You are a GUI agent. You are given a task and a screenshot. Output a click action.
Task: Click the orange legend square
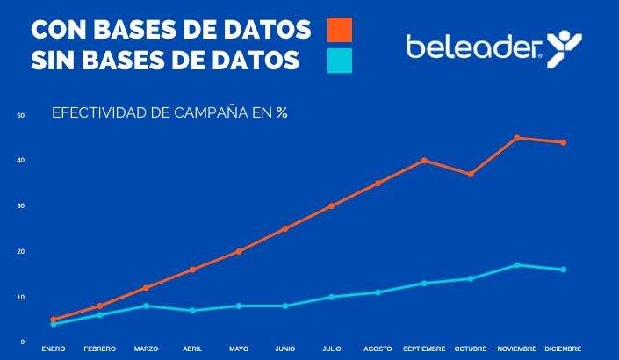click(340, 29)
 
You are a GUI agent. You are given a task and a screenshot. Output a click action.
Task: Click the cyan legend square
click(340, 61)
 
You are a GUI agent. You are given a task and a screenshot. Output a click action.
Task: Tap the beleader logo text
click(473, 47)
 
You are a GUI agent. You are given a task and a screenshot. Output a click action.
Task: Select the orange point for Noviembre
click(517, 138)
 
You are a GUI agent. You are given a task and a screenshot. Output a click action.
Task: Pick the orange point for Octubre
click(471, 174)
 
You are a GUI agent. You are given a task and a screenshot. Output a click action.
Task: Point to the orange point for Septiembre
click(424, 161)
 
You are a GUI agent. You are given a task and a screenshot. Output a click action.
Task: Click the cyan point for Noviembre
click(517, 265)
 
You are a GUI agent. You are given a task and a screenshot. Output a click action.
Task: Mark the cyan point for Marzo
click(146, 306)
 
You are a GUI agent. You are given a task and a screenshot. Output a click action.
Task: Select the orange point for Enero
click(54, 320)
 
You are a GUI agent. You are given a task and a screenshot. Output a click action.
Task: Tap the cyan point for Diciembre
click(563, 270)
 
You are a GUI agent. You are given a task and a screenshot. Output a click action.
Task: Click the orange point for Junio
click(285, 229)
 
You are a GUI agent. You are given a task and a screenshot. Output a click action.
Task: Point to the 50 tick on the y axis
click(20, 115)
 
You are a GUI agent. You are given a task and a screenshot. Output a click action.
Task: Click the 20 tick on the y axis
click(20, 252)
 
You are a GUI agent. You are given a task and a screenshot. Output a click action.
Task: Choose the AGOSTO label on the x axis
click(378, 349)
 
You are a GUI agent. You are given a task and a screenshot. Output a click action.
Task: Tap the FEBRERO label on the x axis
click(100, 349)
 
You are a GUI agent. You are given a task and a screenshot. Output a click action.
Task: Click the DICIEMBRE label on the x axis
click(563, 349)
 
